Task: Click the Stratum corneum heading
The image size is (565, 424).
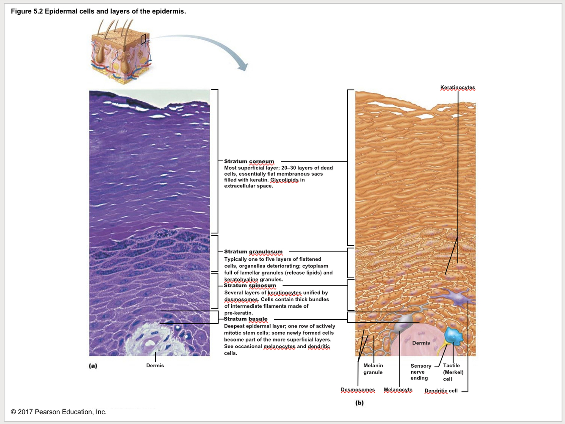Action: click(x=249, y=161)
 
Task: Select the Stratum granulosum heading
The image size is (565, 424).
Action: click(x=253, y=252)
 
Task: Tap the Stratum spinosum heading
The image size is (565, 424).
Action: click(x=250, y=286)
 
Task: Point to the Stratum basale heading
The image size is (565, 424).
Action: click(x=246, y=319)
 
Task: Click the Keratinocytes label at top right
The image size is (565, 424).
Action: click(x=457, y=88)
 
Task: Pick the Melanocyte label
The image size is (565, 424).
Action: click(x=398, y=390)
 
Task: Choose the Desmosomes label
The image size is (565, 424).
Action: click(x=358, y=390)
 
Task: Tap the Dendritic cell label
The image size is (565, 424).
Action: click(x=441, y=391)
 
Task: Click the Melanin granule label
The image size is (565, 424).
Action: click(x=373, y=369)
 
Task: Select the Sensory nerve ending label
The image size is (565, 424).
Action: click(x=421, y=372)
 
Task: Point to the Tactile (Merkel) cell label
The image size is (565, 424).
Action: click(x=453, y=372)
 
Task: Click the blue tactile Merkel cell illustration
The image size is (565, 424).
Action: click(x=454, y=336)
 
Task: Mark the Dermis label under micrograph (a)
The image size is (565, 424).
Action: click(x=155, y=366)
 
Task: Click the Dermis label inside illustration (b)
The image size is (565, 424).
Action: click(x=421, y=343)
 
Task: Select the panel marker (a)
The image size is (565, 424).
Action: click(x=93, y=366)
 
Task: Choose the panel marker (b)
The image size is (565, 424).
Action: click(x=360, y=403)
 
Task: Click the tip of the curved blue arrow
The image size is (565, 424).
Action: click(x=244, y=69)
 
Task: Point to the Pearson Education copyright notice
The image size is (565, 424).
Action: click(x=59, y=412)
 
